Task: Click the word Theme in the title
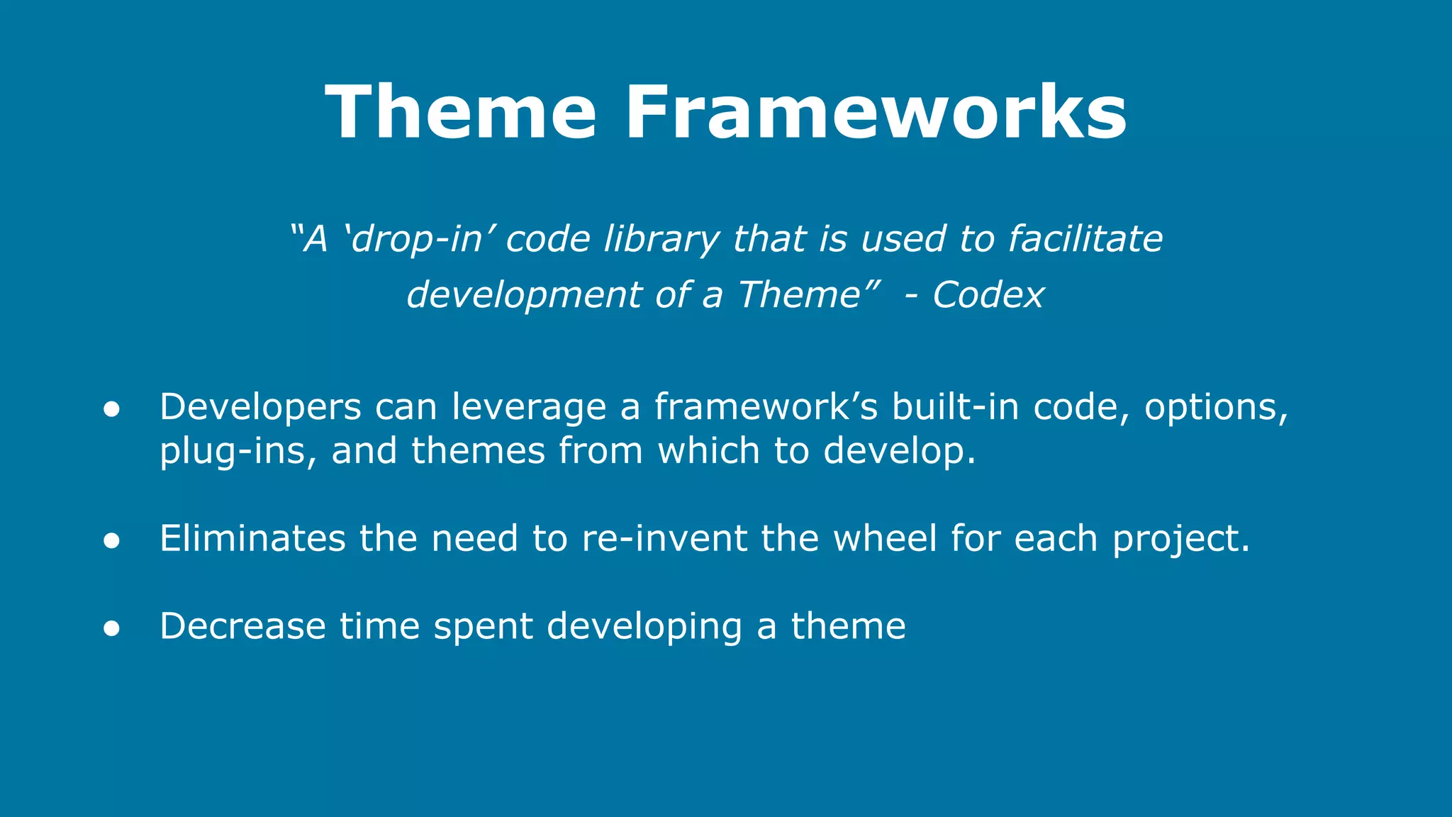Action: (461, 113)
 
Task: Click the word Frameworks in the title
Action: (876, 113)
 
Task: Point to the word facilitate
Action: (1085, 239)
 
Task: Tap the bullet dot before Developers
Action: (111, 409)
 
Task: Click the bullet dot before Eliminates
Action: (111, 540)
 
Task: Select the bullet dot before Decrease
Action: (111, 628)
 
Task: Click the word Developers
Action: (260, 408)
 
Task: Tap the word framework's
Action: (766, 408)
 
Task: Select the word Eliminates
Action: (252, 538)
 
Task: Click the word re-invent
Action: (664, 538)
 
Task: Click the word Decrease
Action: (242, 626)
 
